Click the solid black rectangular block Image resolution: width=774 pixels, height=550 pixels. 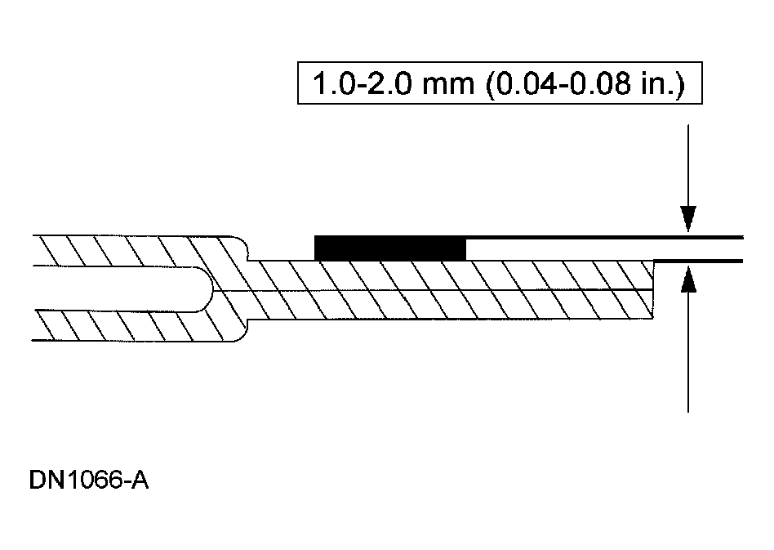[389, 248]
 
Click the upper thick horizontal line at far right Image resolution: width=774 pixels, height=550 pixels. [718, 236]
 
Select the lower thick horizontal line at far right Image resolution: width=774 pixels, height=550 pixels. [718, 261]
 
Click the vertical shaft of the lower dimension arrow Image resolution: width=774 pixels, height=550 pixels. [688, 360]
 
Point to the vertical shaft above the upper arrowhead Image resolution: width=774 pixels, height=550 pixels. [688, 163]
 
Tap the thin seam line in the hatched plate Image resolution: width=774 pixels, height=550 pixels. [449, 289]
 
